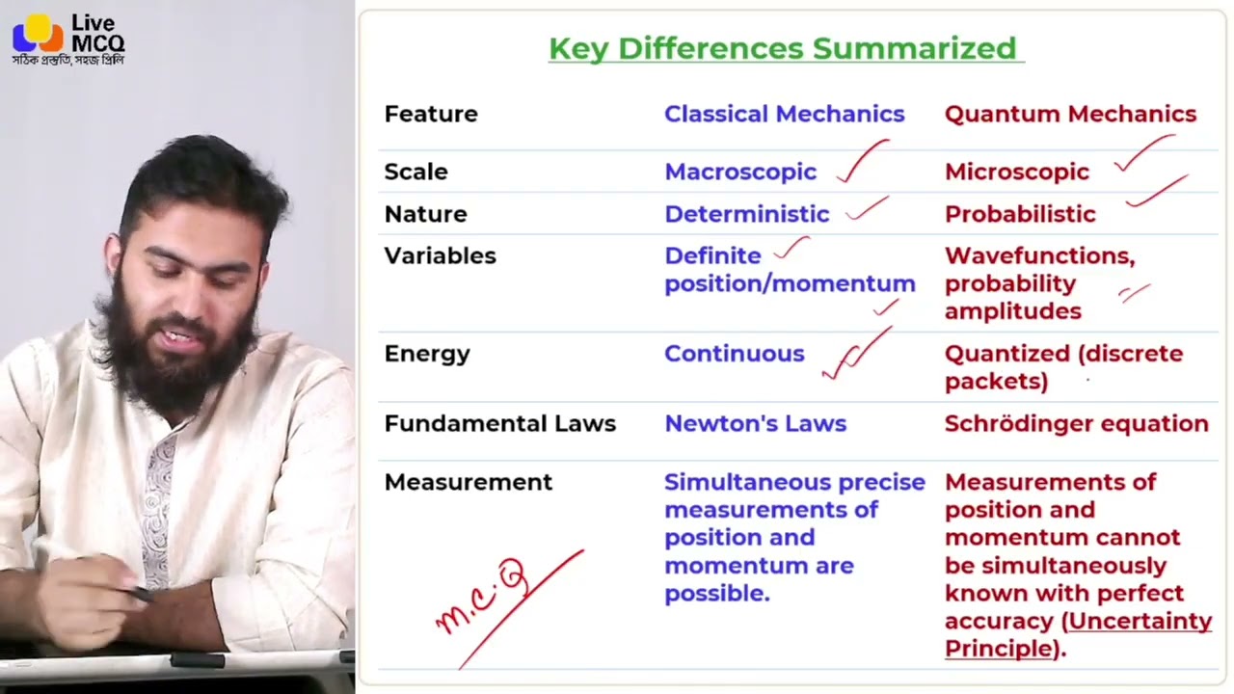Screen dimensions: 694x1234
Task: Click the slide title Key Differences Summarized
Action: tap(782, 48)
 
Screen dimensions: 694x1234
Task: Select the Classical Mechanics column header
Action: tap(784, 114)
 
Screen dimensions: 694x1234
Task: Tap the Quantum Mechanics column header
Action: tap(1070, 114)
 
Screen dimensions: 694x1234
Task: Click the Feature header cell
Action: tap(431, 114)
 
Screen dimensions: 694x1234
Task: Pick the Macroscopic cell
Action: tap(739, 172)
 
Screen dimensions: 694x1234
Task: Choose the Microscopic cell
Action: tap(1016, 172)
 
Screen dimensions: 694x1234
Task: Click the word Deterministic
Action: tap(746, 214)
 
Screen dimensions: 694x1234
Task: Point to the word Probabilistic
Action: tap(1019, 214)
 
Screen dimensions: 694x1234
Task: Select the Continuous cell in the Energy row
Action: tap(734, 354)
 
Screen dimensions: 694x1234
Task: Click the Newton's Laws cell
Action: tap(755, 424)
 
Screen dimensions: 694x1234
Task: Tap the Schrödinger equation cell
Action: tap(1076, 424)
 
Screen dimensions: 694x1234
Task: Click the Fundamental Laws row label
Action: tap(499, 424)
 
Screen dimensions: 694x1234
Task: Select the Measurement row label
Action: tap(468, 482)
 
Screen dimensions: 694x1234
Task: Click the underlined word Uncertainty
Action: tap(1140, 622)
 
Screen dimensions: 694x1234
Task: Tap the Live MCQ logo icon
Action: tap(37, 36)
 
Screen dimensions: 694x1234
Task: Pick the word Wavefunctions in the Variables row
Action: tap(1038, 256)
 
